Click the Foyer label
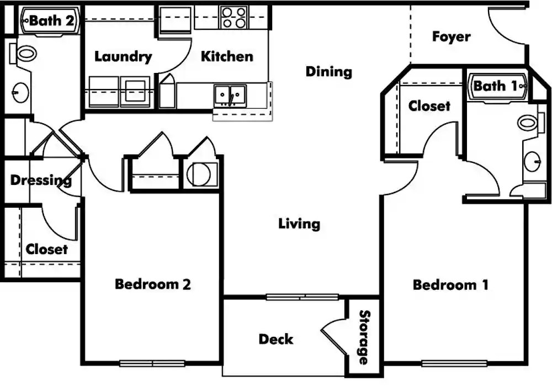point(451,36)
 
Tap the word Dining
point(329,72)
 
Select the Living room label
point(299,224)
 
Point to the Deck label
point(275,339)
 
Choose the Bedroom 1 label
point(450,284)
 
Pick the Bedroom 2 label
point(153,284)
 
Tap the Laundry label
point(123,57)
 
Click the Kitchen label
point(227,56)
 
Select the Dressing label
point(41,181)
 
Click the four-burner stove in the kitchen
point(234,18)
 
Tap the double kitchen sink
point(230,95)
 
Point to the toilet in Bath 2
point(23,54)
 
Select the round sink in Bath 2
point(20,93)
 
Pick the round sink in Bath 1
point(532,162)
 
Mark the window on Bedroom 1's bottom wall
point(454,363)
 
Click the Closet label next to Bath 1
point(429,105)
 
